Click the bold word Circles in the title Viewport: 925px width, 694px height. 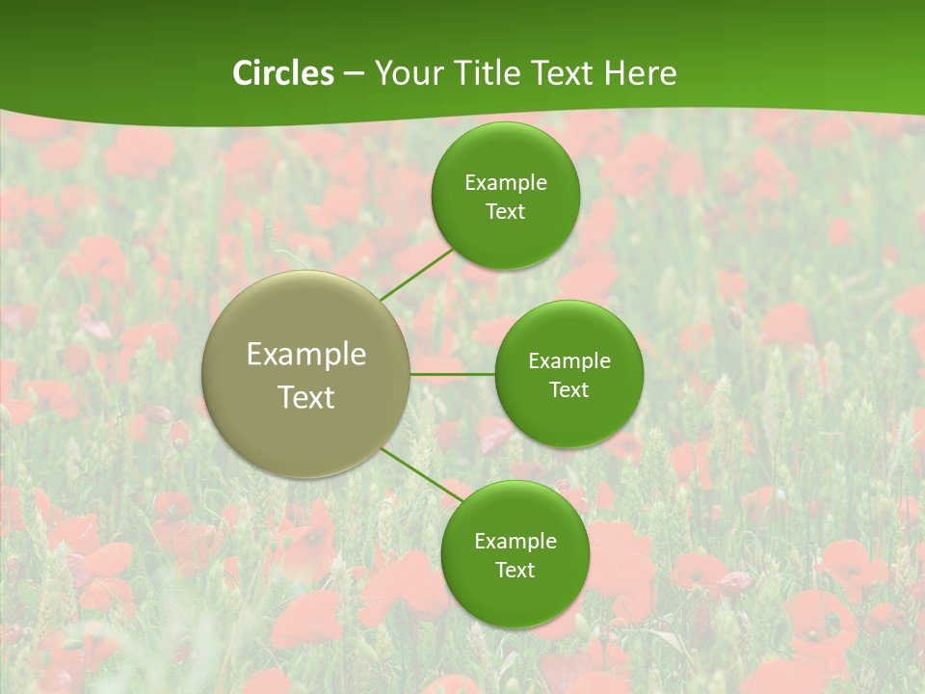pyautogui.click(x=283, y=73)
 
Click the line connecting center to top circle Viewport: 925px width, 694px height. pyautogui.click(x=416, y=274)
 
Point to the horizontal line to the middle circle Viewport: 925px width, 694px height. pyautogui.click(x=452, y=373)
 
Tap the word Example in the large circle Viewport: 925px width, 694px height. pyautogui.click(x=306, y=355)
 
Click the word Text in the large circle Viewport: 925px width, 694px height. pyautogui.click(x=306, y=397)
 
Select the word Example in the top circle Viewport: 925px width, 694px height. pyautogui.click(x=505, y=182)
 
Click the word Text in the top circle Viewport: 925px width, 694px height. pyautogui.click(x=505, y=211)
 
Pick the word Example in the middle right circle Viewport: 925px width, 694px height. pyautogui.click(x=568, y=360)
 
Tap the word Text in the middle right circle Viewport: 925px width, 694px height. pyautogui.click(x=568, y=389)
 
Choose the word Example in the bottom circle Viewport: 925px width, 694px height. pyautogui.click(x=515, y=541)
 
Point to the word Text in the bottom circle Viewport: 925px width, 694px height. pyautogui.click(x=515, y=570)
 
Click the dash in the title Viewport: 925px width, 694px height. pyautogui.click(x=354, y=74)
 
